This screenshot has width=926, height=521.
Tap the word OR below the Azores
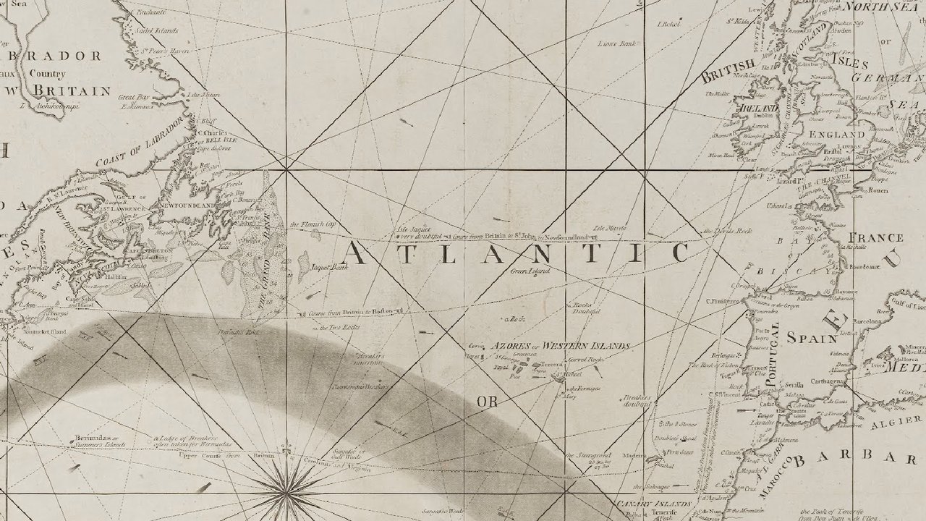[487, 401]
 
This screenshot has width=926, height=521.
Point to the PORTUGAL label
[773, 344]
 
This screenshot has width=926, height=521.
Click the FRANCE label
[875, 237]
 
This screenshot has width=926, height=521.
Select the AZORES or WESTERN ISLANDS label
[561, 345]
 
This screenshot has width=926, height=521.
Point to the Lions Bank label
[616, 44]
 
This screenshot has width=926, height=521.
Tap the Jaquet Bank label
[329, 267]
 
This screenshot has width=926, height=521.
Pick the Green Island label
[530, 271]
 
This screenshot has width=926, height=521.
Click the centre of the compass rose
[287, 492]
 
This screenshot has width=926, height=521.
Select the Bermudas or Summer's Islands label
[98, 442]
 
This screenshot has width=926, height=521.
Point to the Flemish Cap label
[313, 225]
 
